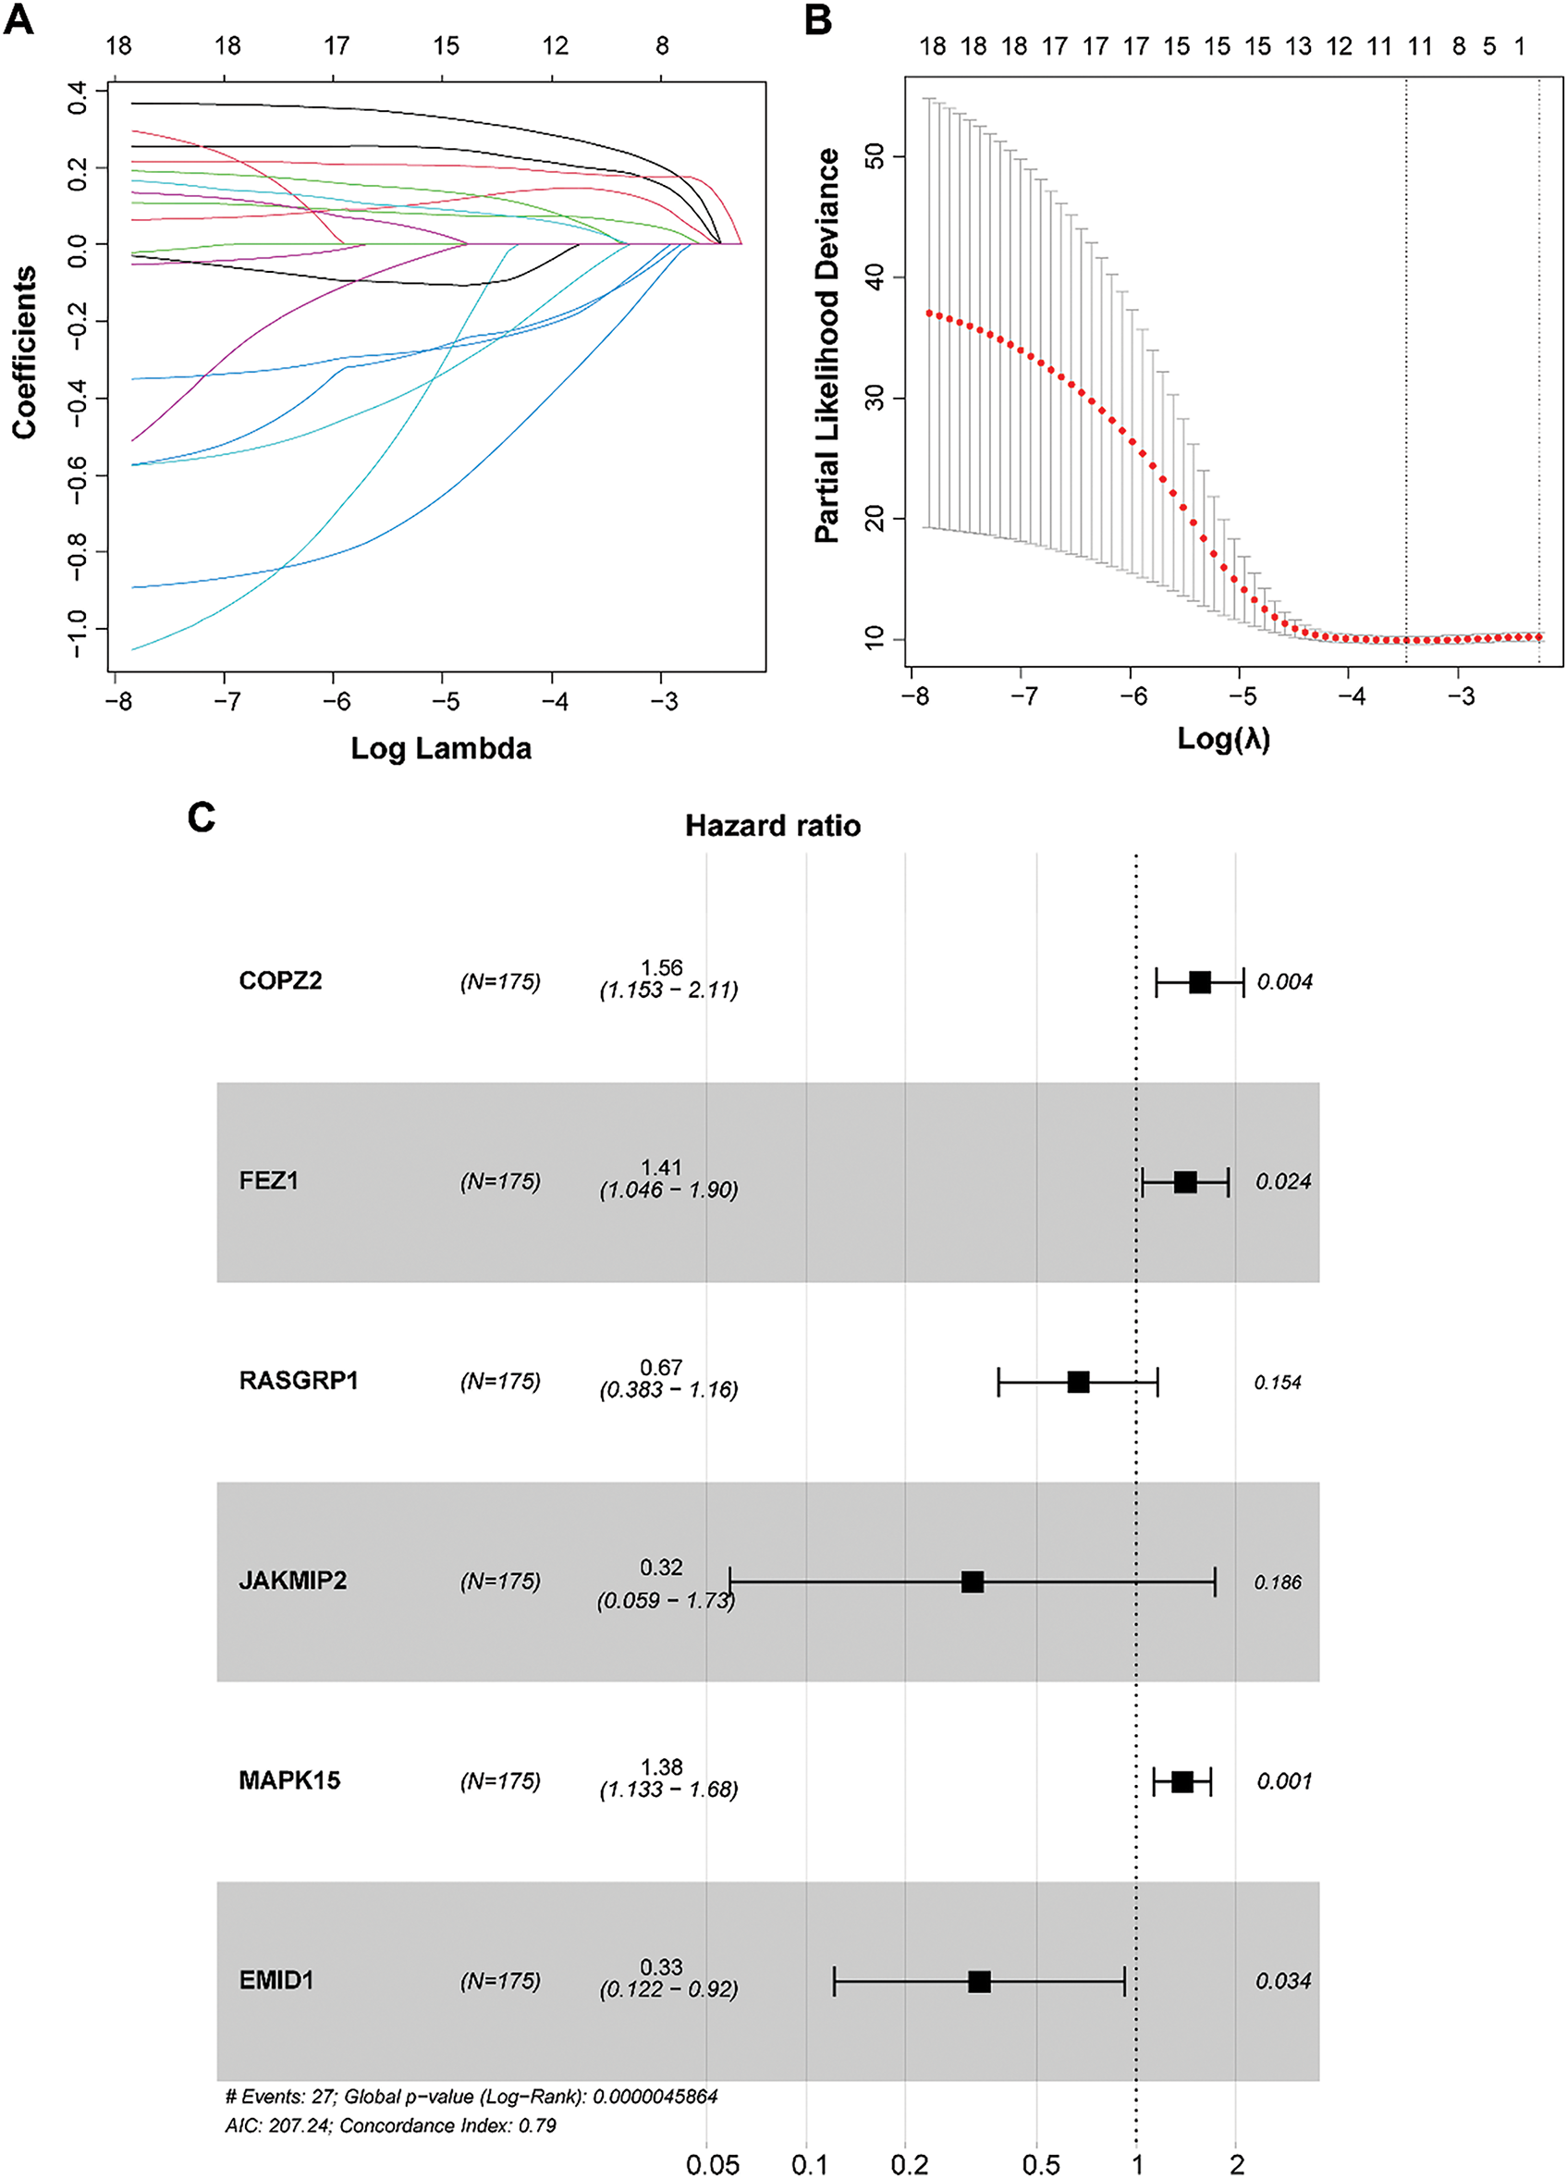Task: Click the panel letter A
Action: (x=18, y=19)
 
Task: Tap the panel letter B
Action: (x=818, y=19)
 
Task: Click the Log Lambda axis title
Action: (x=441, y=748)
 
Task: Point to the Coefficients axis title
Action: (x=25, y=352)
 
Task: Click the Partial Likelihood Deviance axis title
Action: (x=826, y=346)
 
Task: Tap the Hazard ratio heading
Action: (x=773, y=826)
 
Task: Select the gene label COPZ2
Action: (x=280, y=981)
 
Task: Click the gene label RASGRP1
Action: (x=298, y=1381)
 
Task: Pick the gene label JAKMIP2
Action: (x=293, y=1581)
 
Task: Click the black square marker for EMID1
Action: (x=979, y=1981)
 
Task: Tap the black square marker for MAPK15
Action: (x=1182, y=1781)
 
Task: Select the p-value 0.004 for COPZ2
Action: (x=1285, y=981)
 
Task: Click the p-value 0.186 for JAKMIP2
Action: (x=1278, y=1581)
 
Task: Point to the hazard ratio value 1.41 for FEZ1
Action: (x=663, y=1169)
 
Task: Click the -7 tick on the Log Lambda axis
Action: (x=226, y=703)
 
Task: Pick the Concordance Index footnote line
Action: (x=391, y=2125)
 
